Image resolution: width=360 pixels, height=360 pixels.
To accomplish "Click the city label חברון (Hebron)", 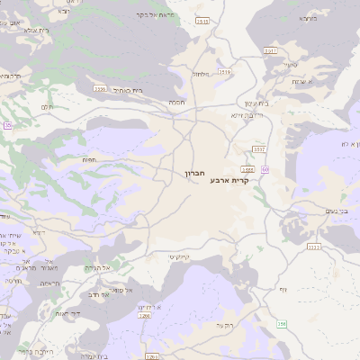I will point(196,172).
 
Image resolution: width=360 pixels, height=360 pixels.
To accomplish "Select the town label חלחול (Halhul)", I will point(201,74).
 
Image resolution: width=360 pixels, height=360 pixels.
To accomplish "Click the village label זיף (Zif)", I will point(283,289).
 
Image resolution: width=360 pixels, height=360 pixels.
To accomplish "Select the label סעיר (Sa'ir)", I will point(290,64).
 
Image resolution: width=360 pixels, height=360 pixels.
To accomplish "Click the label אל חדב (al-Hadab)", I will point(99,293).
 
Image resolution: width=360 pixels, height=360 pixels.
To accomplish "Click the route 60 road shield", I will point(265,168).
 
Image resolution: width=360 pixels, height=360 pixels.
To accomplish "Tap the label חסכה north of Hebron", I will point(176,103).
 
